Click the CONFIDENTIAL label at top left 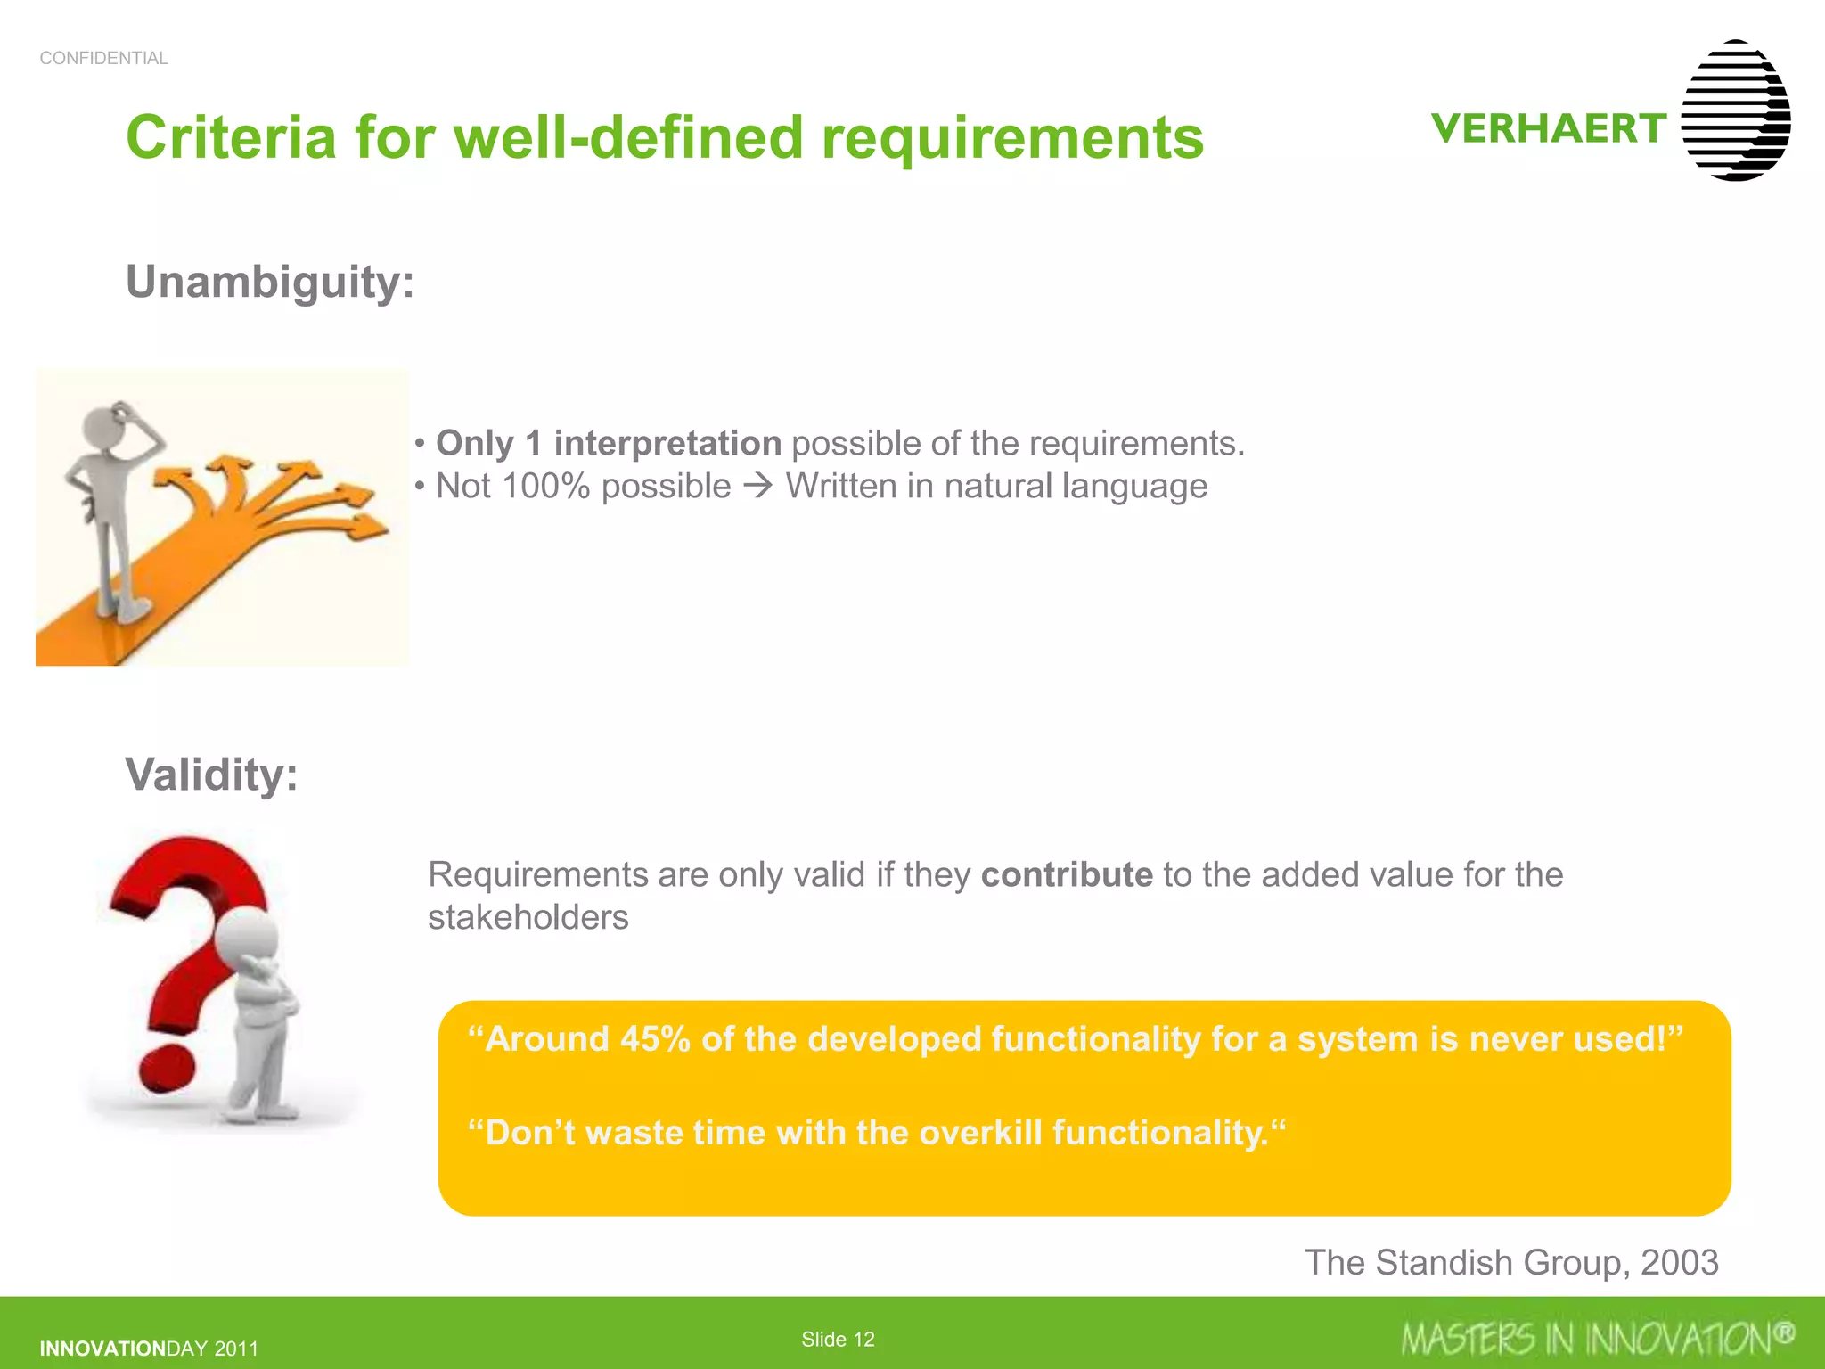tap(103, 58)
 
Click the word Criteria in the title tap(232, 138)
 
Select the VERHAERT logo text tap(1549, 128)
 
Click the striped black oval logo tap(1736, 111)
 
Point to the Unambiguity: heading tap(270, 282)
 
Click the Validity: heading tap(211, 774)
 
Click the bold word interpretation tap(667, 443)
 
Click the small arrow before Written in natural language tap(758, 487)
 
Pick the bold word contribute tap(1067, 874)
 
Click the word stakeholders tap(528, 917)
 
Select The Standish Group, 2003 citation tap(1511, 1262)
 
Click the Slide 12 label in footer tap(838, 1339)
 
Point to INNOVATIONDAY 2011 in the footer tap(149, 1349)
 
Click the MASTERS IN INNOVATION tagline tap(1595, 1339)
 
